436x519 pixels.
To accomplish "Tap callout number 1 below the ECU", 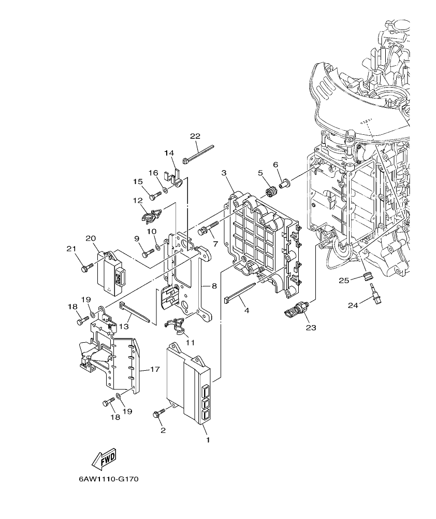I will [x=208, y=440].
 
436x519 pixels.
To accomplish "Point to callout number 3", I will [x=224, y=173].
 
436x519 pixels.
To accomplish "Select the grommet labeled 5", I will [x=271, y=191].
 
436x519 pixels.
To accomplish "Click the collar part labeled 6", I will [x=285, y=182].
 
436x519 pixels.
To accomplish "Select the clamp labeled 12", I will [x=151, y=212].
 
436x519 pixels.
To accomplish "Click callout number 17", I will [x=154, y=370].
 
